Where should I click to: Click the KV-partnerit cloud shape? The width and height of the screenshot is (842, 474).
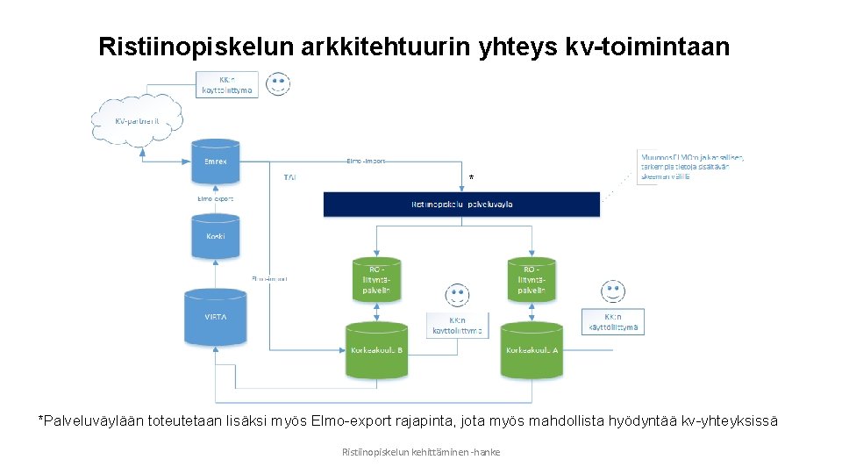point(137,120)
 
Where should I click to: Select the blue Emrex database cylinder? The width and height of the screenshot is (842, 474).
point(216,162)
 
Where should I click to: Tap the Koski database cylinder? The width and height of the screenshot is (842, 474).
point(216,236)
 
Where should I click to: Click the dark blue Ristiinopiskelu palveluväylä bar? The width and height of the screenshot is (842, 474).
point(461,205)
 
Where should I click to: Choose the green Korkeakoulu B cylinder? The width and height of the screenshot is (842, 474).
point(375,349)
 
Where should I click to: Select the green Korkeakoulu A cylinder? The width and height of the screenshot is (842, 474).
point(532,349)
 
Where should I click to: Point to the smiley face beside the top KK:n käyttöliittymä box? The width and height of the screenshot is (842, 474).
point(279,84)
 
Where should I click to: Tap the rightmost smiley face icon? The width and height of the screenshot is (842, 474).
point(611,291)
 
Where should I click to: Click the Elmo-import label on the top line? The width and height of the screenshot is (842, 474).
point(366,162)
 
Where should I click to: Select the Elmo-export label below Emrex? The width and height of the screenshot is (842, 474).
point(216,198)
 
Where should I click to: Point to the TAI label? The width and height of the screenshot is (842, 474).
point(289,177)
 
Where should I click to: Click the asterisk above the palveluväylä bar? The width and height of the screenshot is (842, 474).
point(471,179)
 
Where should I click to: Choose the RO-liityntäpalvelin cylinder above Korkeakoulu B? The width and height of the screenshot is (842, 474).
point(375,277)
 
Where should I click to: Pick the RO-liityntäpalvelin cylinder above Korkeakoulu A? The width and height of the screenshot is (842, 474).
point(532,277)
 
